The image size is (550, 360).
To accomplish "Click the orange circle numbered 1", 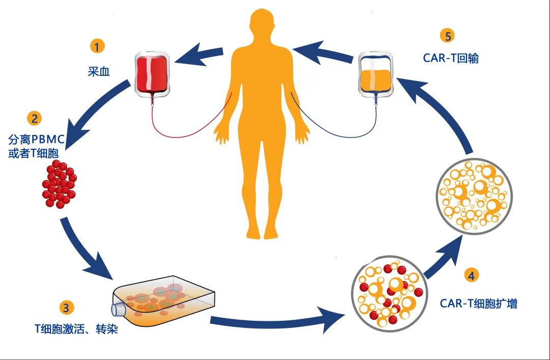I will pos(97,47).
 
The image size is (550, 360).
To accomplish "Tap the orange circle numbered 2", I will pos(35,119).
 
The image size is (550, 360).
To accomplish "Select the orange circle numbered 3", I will pos(67,307).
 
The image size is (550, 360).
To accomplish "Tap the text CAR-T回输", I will pos(451,58).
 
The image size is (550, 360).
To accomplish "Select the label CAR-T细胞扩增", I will pos(479,303).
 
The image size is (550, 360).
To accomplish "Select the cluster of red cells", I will pos(59,184).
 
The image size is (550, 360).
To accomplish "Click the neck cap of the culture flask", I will pos(118,309).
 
